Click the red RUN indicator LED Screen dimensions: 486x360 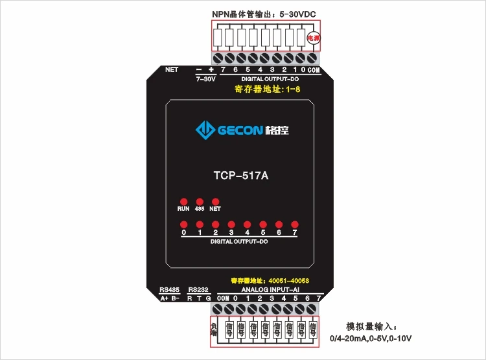click(x=183, y=202)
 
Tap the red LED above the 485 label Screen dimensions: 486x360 click(x=200, y=202)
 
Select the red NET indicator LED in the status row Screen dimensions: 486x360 click(x=215, y=202)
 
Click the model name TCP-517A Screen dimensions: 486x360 click(x=240, y=174)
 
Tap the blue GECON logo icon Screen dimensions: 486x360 click(x=206, y=130)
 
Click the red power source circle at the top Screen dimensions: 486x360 click(x=314, y=39)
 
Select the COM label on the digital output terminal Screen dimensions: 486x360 click(x=314, y=69)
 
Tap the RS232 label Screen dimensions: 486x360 click(x=199, y=289)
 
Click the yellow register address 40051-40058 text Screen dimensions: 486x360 click(x=270, y=280)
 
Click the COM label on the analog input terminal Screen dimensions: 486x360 click(x=224, y=298)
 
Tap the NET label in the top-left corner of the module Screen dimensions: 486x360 click(x=172, y=69)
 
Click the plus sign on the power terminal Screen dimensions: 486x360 click(x=211, y=69)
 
